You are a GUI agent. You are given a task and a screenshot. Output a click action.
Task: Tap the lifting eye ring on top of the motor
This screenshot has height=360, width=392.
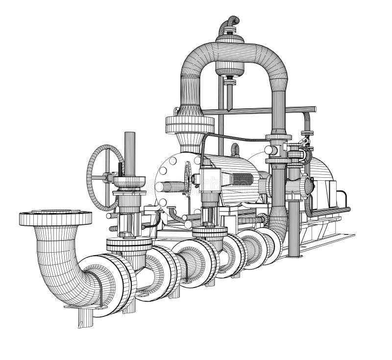pyautogui.click(x=236, y=149)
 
